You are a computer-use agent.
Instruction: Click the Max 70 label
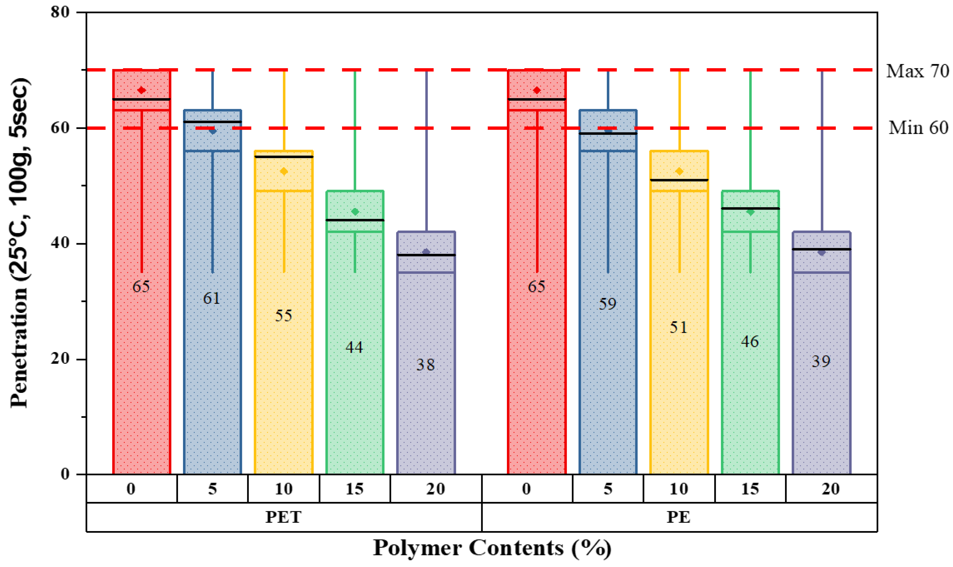pos(917,71)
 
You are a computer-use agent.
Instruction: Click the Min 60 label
pos(918,128)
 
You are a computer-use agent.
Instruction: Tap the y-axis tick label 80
pos(60,12)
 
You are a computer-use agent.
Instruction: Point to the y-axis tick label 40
pos(60,243)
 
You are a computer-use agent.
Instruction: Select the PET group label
pos(283,517)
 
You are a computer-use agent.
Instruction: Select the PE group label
pos(679,517)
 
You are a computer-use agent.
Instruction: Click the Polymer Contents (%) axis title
pos(492,548)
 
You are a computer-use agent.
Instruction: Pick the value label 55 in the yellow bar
pos(283,316)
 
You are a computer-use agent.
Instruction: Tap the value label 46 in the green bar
pos(750,342)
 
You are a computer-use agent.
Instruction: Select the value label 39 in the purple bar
pos(821,361)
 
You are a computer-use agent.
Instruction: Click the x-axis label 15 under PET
pos(355,489)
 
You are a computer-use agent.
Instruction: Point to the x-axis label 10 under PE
pos(679,489)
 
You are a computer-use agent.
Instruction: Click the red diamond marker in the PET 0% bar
pos(142,90)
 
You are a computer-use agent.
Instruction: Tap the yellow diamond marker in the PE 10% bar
pos(679,171)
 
